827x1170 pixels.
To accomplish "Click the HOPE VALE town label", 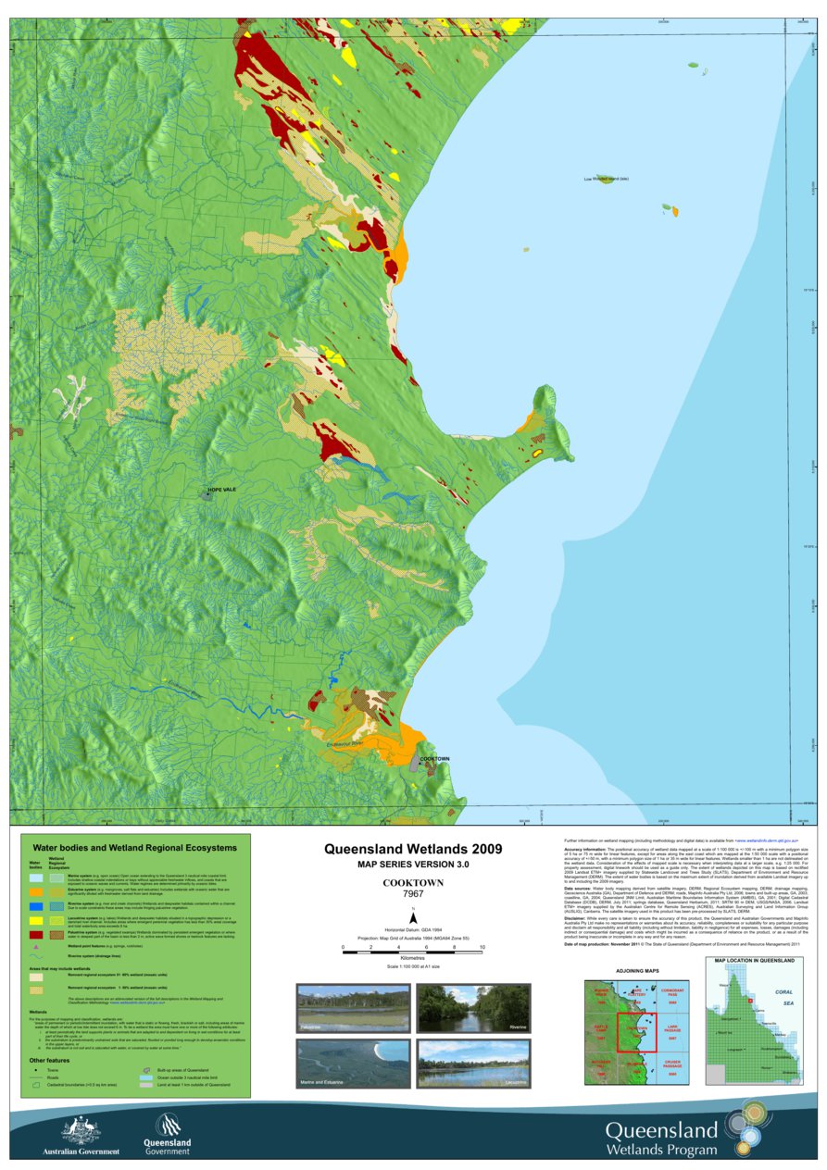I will [222, 490].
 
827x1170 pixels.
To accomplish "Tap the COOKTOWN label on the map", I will [434, 759].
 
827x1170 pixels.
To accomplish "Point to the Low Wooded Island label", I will [606, 179].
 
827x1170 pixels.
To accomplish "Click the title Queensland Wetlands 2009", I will [413, 849].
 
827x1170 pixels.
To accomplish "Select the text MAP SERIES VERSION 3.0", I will [413, 864].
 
